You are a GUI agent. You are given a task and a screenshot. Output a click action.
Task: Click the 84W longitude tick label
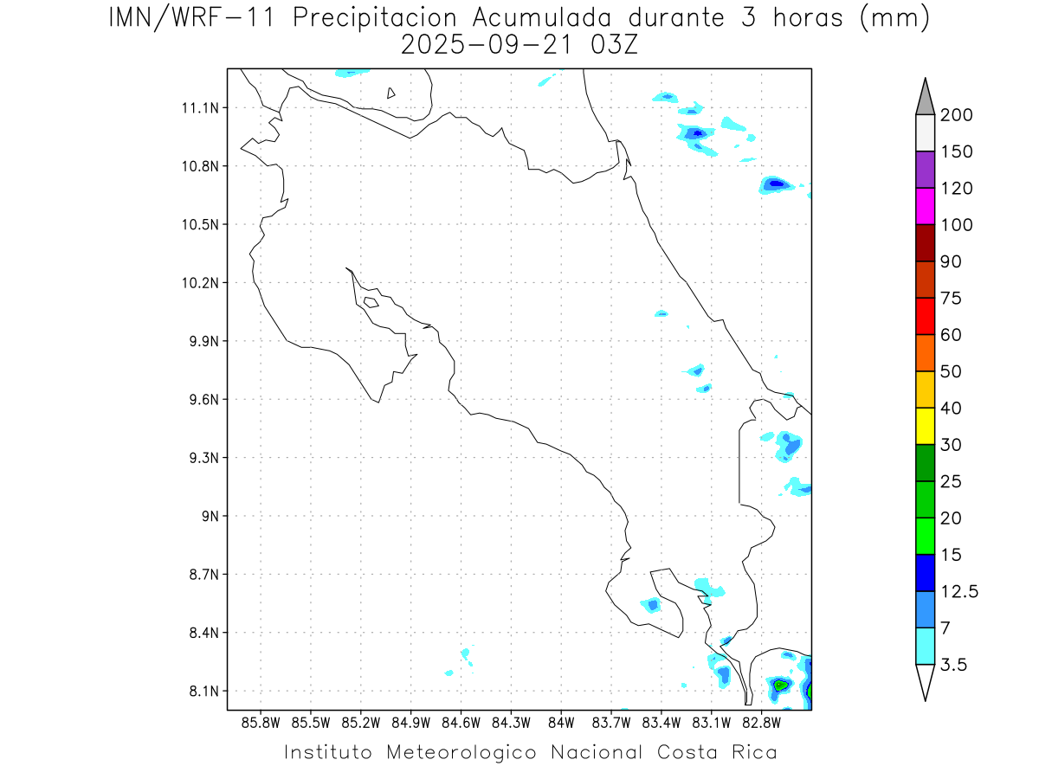[x=561, y=722]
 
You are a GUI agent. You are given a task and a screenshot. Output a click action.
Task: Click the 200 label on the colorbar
[x=956, y=116]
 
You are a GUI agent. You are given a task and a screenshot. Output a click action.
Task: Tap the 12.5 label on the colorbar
[x=959, y=592]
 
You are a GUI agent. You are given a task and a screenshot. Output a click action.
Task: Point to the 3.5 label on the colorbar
[x=953, y=665]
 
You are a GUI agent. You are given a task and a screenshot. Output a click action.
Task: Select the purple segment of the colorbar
[x=925, y=170]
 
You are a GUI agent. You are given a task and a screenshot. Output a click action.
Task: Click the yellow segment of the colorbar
[x=925, y=426]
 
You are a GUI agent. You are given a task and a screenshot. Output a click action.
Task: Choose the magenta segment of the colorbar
[x=925, y=206]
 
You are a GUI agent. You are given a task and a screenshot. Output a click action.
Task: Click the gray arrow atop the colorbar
[x=925, y=96]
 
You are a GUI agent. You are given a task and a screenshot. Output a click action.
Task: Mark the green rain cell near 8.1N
[x=780, y=685]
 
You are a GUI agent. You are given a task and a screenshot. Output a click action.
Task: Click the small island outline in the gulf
[x=371, y=302]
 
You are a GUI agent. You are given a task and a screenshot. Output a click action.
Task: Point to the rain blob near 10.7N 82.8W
[x=776, y=184]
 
